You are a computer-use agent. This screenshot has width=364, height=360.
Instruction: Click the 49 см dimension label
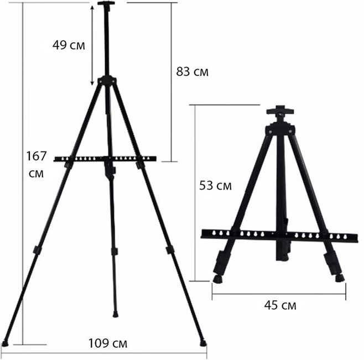tap(69, 45)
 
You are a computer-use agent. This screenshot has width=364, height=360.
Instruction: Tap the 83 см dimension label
tap(192, 71)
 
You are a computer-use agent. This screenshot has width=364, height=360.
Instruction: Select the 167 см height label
tap(37, 164)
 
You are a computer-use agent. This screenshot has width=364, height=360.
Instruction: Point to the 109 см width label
tap(108, 343)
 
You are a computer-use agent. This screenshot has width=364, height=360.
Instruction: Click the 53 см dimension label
tap(215, 186)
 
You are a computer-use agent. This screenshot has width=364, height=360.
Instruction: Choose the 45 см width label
tap(280, 305)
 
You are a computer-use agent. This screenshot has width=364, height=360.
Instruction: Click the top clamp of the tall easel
tap(106, 3)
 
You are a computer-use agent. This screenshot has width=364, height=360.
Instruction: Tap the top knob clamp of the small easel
tap(280, 111)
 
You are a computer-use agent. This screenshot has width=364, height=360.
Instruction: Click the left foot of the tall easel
tap(5, 343)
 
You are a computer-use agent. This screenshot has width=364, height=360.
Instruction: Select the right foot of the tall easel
tap(202, 343)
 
